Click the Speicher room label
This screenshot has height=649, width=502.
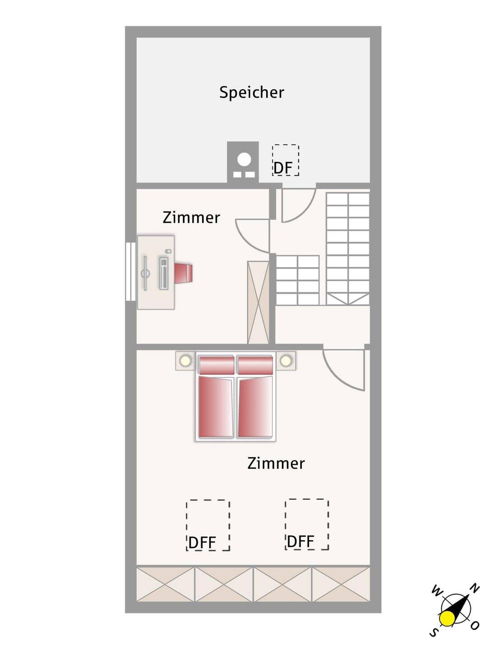tap(252, 92)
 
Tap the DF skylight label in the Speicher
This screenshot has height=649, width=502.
tap(283, 168)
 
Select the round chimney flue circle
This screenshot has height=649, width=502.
tap(244, 159)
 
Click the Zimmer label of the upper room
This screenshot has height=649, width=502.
tap(191, 218)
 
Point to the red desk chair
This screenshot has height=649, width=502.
tap(184, 274)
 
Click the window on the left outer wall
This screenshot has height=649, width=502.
tap(131, 271)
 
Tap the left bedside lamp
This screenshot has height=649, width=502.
tap(185, 361)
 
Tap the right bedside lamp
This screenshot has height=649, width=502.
tap(286, 361)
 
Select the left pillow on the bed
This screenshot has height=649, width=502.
tap(216, 365)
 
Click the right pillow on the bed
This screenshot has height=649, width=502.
tap(255, 365)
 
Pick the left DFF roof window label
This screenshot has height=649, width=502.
tap(202, 543)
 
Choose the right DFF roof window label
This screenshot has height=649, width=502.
tap(300, 542)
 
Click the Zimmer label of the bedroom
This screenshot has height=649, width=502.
tap(276, 463)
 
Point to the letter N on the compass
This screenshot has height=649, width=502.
tap(475, 588)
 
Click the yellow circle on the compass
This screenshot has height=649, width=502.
tap(447, 619)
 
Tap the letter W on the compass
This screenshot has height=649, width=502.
tap(437, 590)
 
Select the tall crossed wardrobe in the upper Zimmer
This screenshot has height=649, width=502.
tap(258, 302)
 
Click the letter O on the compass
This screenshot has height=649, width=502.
tap(475, 625)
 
